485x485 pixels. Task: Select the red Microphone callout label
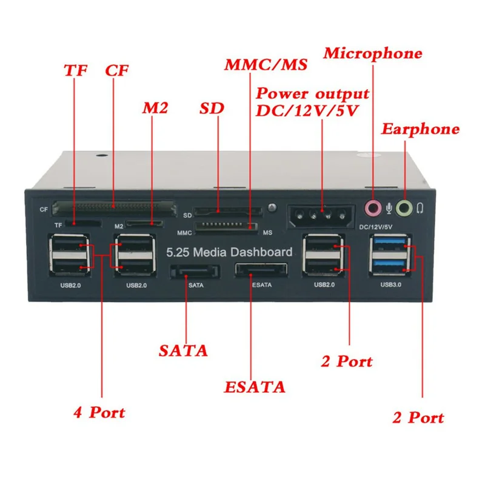372,53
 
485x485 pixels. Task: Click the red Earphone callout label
420,129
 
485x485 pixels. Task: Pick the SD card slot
228,213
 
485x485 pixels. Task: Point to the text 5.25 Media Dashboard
229,252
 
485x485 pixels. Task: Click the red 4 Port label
99,413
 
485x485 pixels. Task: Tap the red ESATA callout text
255,386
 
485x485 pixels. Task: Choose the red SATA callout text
183,350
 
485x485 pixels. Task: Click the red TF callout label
76,70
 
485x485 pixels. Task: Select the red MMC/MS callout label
266,64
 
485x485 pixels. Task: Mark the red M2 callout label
154,109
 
